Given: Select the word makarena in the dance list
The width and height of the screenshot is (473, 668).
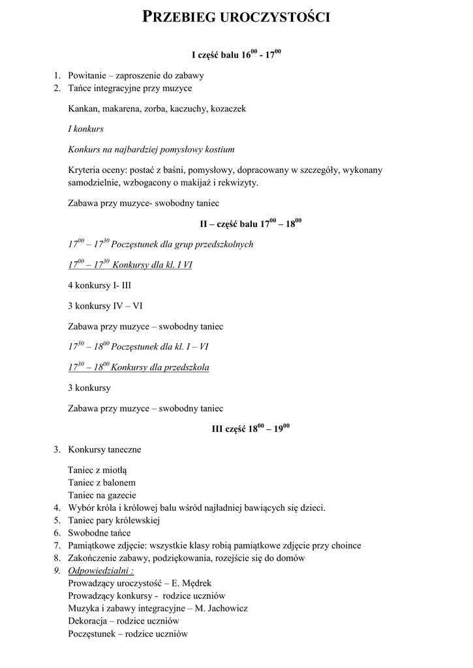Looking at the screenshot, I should click(x=123, y=109).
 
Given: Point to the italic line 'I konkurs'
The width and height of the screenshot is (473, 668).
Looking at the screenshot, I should click(x=85, y=129).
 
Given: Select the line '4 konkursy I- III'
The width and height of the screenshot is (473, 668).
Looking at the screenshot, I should click(x=100, y=285).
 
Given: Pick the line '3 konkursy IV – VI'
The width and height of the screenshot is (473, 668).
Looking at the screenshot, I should click(x=105, y=305).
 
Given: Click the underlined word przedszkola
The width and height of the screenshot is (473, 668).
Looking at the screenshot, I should click(x=186, y=367).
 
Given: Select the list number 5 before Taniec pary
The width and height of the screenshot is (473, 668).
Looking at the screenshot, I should click(x=57, y=521).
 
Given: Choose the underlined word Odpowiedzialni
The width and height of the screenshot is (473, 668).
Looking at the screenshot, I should click(x=99, y=571).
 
